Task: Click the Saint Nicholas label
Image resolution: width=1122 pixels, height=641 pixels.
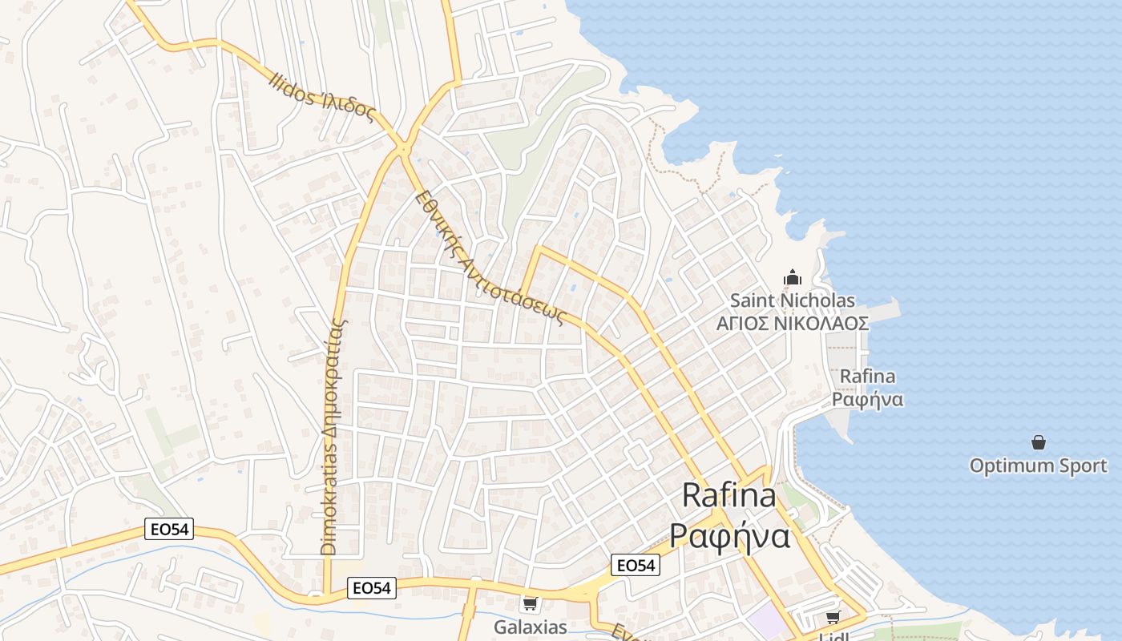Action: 792,301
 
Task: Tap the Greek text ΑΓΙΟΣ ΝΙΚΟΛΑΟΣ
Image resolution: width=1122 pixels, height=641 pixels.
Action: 792,324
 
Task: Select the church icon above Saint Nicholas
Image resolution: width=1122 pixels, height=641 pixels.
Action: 793,279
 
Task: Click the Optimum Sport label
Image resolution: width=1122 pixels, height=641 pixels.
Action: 1038,466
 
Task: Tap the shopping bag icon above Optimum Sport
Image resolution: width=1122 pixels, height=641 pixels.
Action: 1039,442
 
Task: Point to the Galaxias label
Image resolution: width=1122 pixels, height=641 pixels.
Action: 530,627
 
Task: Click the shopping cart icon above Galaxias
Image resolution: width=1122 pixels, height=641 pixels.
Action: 530,603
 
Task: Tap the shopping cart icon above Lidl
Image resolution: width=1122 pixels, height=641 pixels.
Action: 833,617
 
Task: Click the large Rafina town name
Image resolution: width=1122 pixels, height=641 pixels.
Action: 728,496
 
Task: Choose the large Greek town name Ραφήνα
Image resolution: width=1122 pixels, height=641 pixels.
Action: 729,535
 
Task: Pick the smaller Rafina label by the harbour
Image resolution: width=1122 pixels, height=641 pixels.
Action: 867,377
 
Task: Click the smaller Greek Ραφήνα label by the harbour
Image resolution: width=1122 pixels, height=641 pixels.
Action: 867,399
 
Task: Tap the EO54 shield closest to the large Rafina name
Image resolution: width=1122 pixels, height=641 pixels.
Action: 635,566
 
